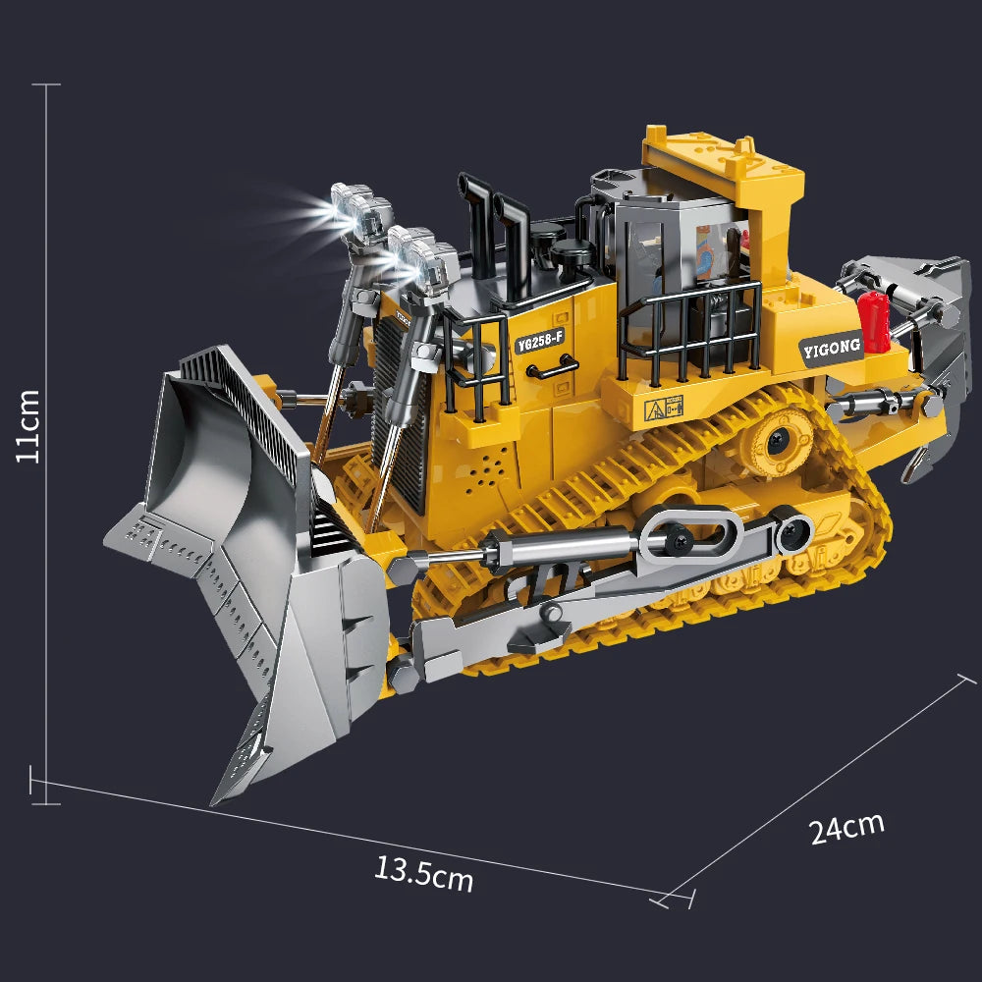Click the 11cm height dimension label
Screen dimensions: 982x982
[28, 425]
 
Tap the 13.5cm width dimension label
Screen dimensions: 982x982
[423, 872]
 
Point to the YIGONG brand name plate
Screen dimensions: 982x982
[831, 346]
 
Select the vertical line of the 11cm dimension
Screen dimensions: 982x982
[46, 442]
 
